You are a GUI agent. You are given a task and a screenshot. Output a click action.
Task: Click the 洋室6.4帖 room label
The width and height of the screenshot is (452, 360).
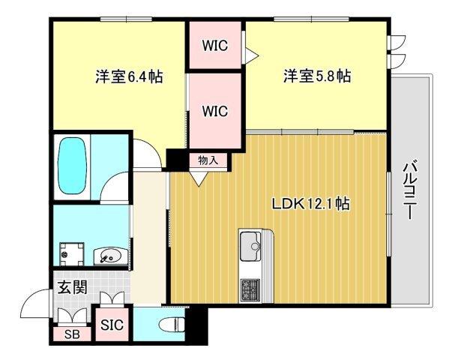pos(130,76)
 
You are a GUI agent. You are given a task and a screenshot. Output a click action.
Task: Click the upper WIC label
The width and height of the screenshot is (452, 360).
pos(215,44)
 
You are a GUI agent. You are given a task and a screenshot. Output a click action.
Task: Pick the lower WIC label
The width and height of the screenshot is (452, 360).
pos(215,111)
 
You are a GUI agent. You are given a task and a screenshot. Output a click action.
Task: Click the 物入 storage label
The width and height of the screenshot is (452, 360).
pos(208,160)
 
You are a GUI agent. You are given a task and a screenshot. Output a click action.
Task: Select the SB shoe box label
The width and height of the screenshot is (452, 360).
pos(73,334)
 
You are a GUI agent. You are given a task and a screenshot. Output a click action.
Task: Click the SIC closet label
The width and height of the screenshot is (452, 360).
pos(113,325)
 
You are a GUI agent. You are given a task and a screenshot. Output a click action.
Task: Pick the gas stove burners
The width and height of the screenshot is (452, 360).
pos(249,287)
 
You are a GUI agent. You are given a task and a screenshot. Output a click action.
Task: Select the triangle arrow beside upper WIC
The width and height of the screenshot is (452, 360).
pos(252,54)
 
